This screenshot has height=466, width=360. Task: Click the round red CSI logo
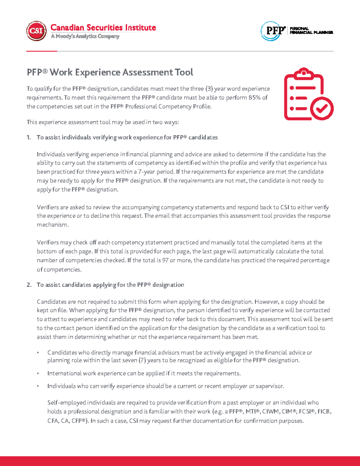click(36, 31)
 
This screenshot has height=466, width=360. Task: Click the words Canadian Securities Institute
click(103, 28)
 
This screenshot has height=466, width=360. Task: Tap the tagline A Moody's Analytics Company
click(85, 36)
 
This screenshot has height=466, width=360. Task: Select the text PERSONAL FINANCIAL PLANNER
click(311, 31)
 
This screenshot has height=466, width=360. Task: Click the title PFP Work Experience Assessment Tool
click(110, 72)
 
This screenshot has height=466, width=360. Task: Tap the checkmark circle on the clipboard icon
click(322, 109)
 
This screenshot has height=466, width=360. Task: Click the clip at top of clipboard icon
click(304, 73)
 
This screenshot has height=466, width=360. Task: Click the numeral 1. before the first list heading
click(29, 137)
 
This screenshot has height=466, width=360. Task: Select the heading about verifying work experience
click(127, 137)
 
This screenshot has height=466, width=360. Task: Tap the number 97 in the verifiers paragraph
click(165, 260)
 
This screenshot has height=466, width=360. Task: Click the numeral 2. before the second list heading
click(29, 285)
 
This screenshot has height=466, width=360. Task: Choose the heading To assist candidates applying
click(110, 285)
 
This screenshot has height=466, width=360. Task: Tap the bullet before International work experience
click(38, 374)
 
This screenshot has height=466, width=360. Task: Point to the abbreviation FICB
click(324, 412)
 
